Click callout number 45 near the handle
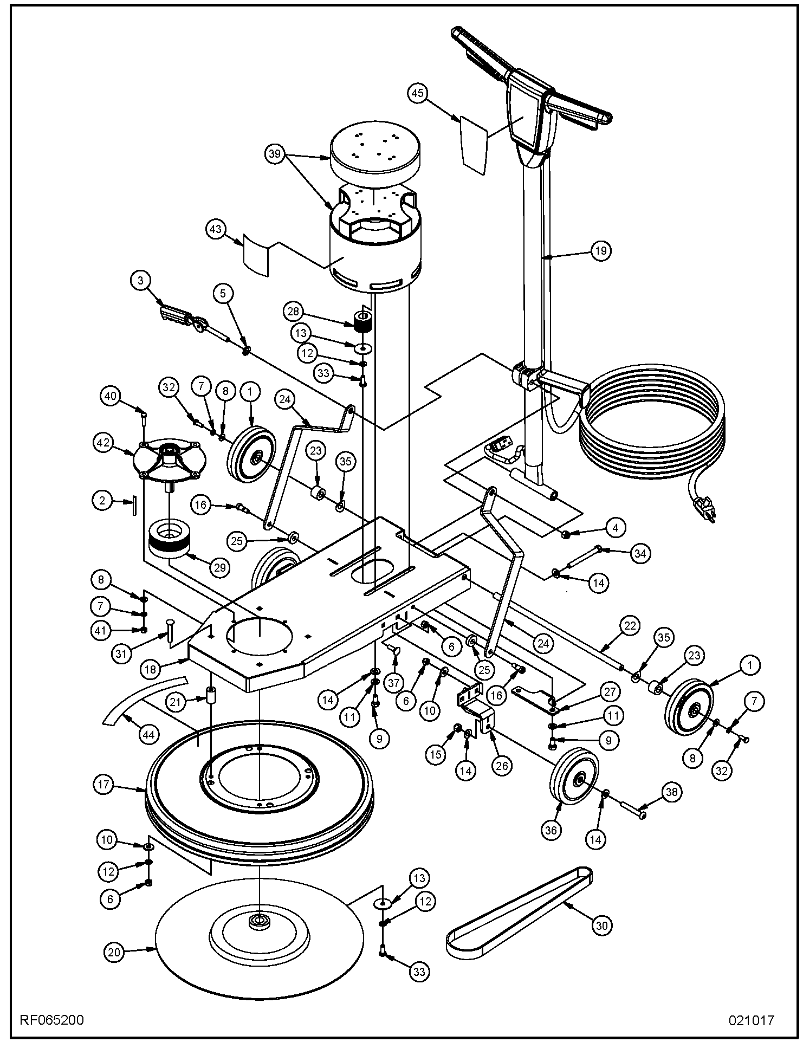pos(417,93)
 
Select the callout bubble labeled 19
pos(600,251)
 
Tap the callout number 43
pos(216,229)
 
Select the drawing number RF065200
pos(52,1020)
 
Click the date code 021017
pos(751,1020)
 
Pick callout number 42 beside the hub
pos(103,443)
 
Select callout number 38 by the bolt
pos(671,792)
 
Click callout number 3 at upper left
pos(141,280)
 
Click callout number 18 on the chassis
pos(150,669)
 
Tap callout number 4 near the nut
pos(615,527)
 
